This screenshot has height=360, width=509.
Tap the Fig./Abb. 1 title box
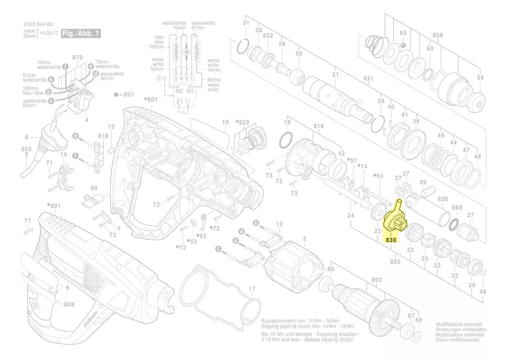tap(81, 34)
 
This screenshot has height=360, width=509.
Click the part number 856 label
tap(438, 35)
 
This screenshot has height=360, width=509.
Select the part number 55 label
tap(480, 78)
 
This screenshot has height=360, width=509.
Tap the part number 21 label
tap(335, 75)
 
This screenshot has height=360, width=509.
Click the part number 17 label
tap(252, 289)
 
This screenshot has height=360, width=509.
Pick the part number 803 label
tap(376, 280)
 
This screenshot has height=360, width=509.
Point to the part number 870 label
tap(77, 58)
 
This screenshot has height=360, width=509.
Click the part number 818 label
tap(319, 126)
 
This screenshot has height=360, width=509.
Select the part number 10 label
tap(225, 122)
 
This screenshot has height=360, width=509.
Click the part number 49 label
tap(482, 292)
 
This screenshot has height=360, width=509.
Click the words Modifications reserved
tap(459, 325)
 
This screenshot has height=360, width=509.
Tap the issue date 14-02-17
tap(48, 33)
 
